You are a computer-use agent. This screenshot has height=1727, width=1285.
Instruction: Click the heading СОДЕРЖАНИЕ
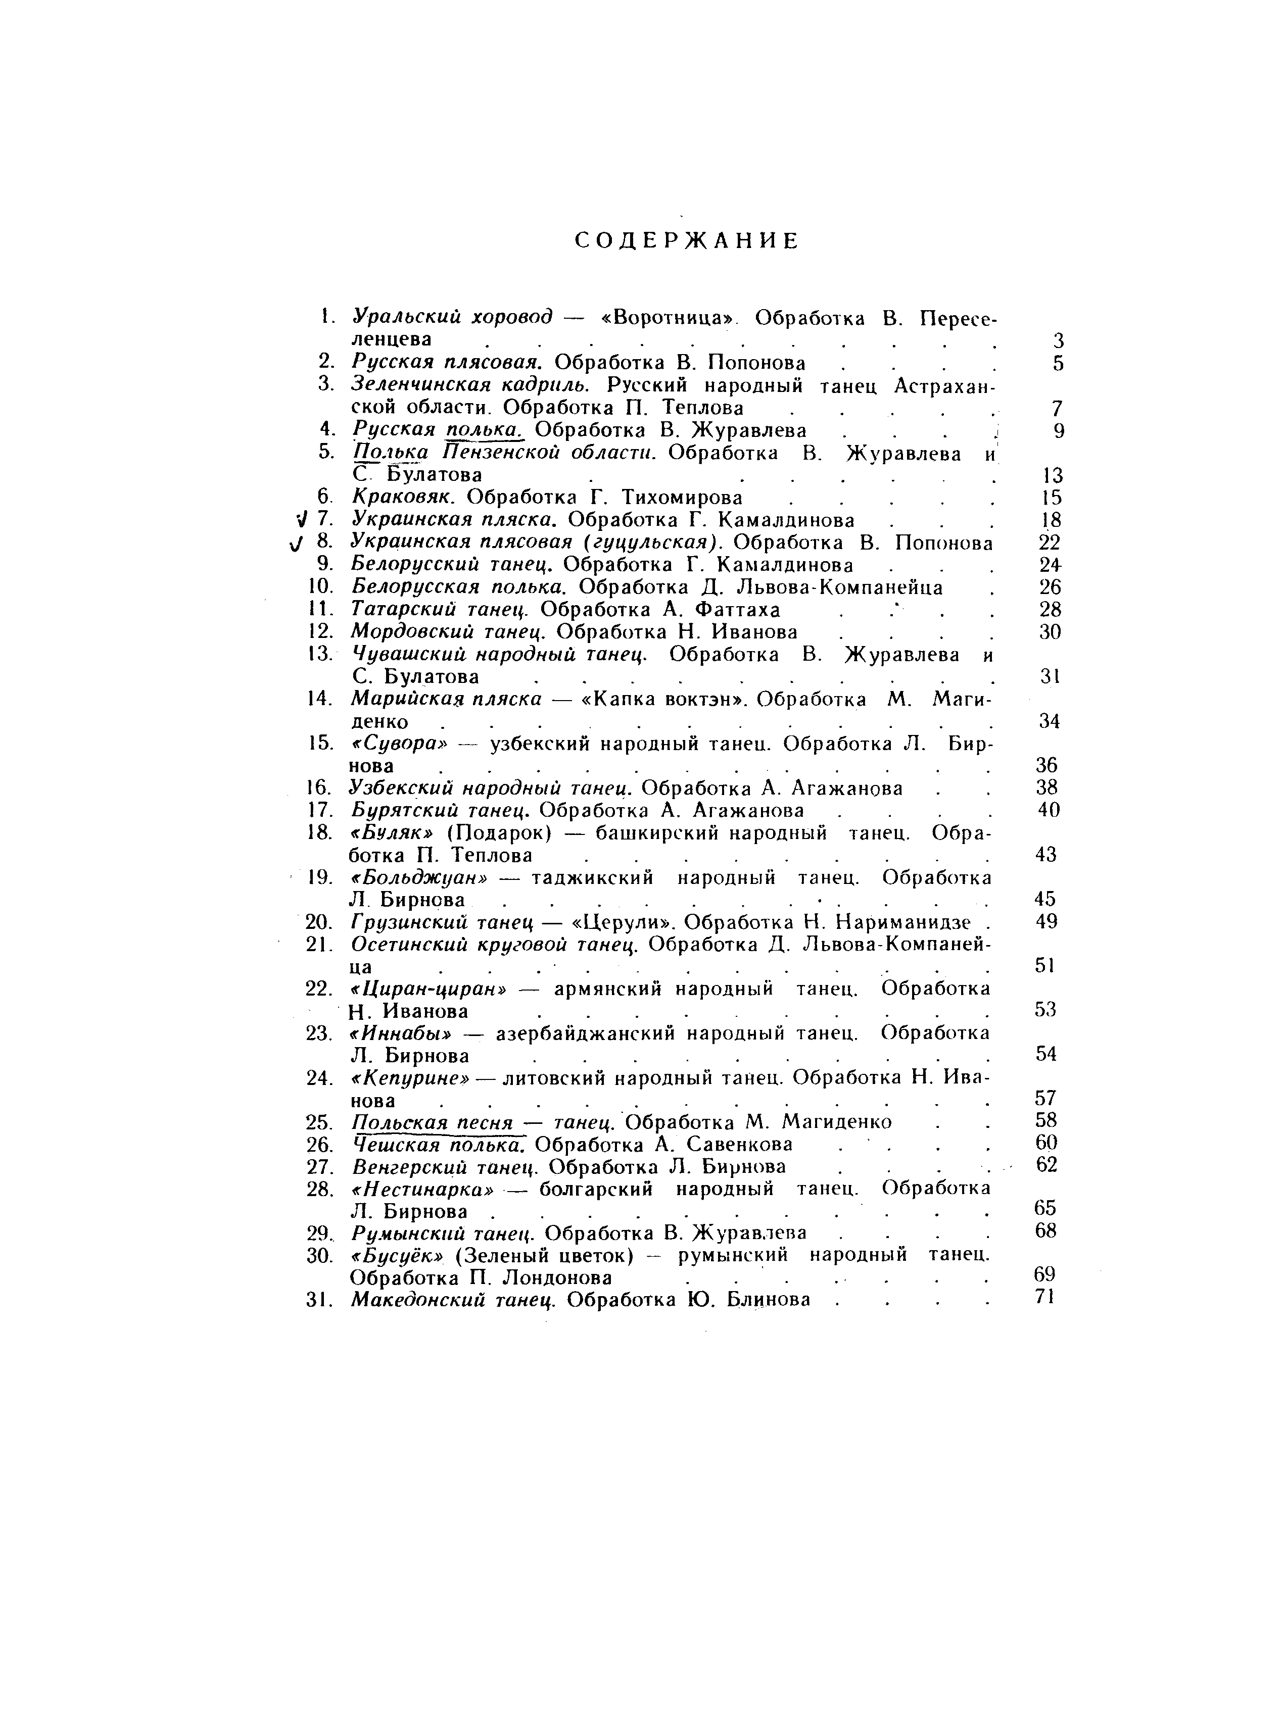pos(687,241)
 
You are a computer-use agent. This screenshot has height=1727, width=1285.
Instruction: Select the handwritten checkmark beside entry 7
pos(302,519)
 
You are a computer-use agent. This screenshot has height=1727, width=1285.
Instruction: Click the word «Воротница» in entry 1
pos(668,318)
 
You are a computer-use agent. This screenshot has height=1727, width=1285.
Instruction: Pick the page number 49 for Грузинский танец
pos(1046,921)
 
